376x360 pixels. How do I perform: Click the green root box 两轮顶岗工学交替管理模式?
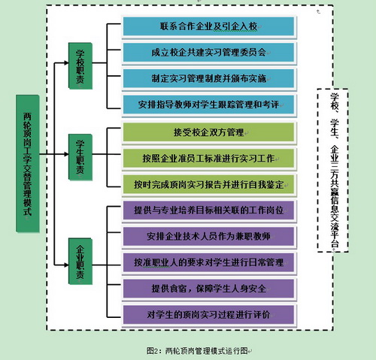point(28,164)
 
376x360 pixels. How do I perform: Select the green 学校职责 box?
point(80,66)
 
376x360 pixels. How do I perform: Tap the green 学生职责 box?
point(80,157)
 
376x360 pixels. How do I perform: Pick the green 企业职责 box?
point(80,262)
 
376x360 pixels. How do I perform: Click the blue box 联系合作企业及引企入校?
point(209,27)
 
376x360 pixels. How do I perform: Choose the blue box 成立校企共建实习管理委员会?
point(209,53)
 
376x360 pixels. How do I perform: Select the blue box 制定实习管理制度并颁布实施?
point(209,79)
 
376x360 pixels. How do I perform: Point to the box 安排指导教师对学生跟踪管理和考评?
point(209,105)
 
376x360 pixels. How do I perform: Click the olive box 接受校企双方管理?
point(209,132)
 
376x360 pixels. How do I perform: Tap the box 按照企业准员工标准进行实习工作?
point(209,159)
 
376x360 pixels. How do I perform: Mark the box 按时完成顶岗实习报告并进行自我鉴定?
point(209,185)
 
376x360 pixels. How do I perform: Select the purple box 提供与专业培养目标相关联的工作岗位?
point(209,210)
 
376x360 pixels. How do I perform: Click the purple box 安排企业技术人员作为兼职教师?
point(209,237)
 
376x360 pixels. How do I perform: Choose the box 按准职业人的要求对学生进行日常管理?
point(209,263)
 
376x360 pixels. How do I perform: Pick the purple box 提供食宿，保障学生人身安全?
point(209,289)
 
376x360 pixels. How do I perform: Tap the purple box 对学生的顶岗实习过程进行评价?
point(209,315)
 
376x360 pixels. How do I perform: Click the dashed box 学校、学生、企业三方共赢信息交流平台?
point(332,170)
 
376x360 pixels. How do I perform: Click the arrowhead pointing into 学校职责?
point(66,63)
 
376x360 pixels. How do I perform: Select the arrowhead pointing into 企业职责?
point(66,265)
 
